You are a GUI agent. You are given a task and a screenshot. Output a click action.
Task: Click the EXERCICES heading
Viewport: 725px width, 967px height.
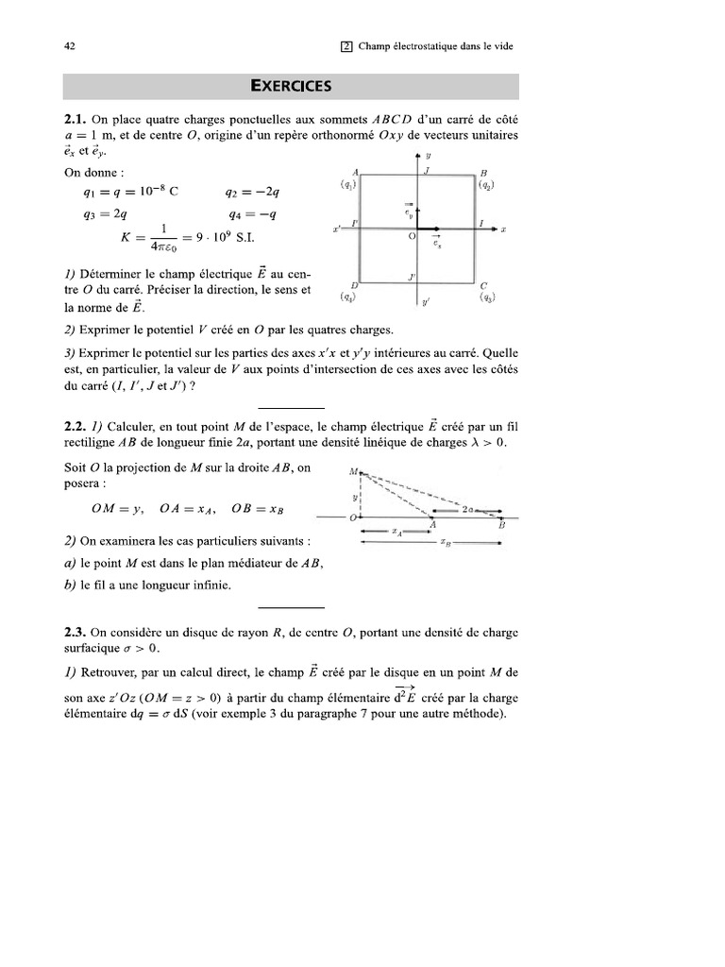(x=291, y=86)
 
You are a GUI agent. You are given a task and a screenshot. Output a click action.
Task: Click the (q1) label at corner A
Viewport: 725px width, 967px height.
(x=347, y=185)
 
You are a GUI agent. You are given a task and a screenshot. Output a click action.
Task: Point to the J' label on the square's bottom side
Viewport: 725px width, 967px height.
(x=412, y=277)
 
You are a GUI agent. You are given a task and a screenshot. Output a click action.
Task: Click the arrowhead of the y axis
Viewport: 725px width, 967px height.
(x=417, y=155)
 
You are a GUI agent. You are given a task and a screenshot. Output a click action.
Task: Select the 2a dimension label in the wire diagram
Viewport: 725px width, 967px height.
(x=469, y=508)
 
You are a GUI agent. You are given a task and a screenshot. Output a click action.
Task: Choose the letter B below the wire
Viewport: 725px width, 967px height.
(x=501, y=524)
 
